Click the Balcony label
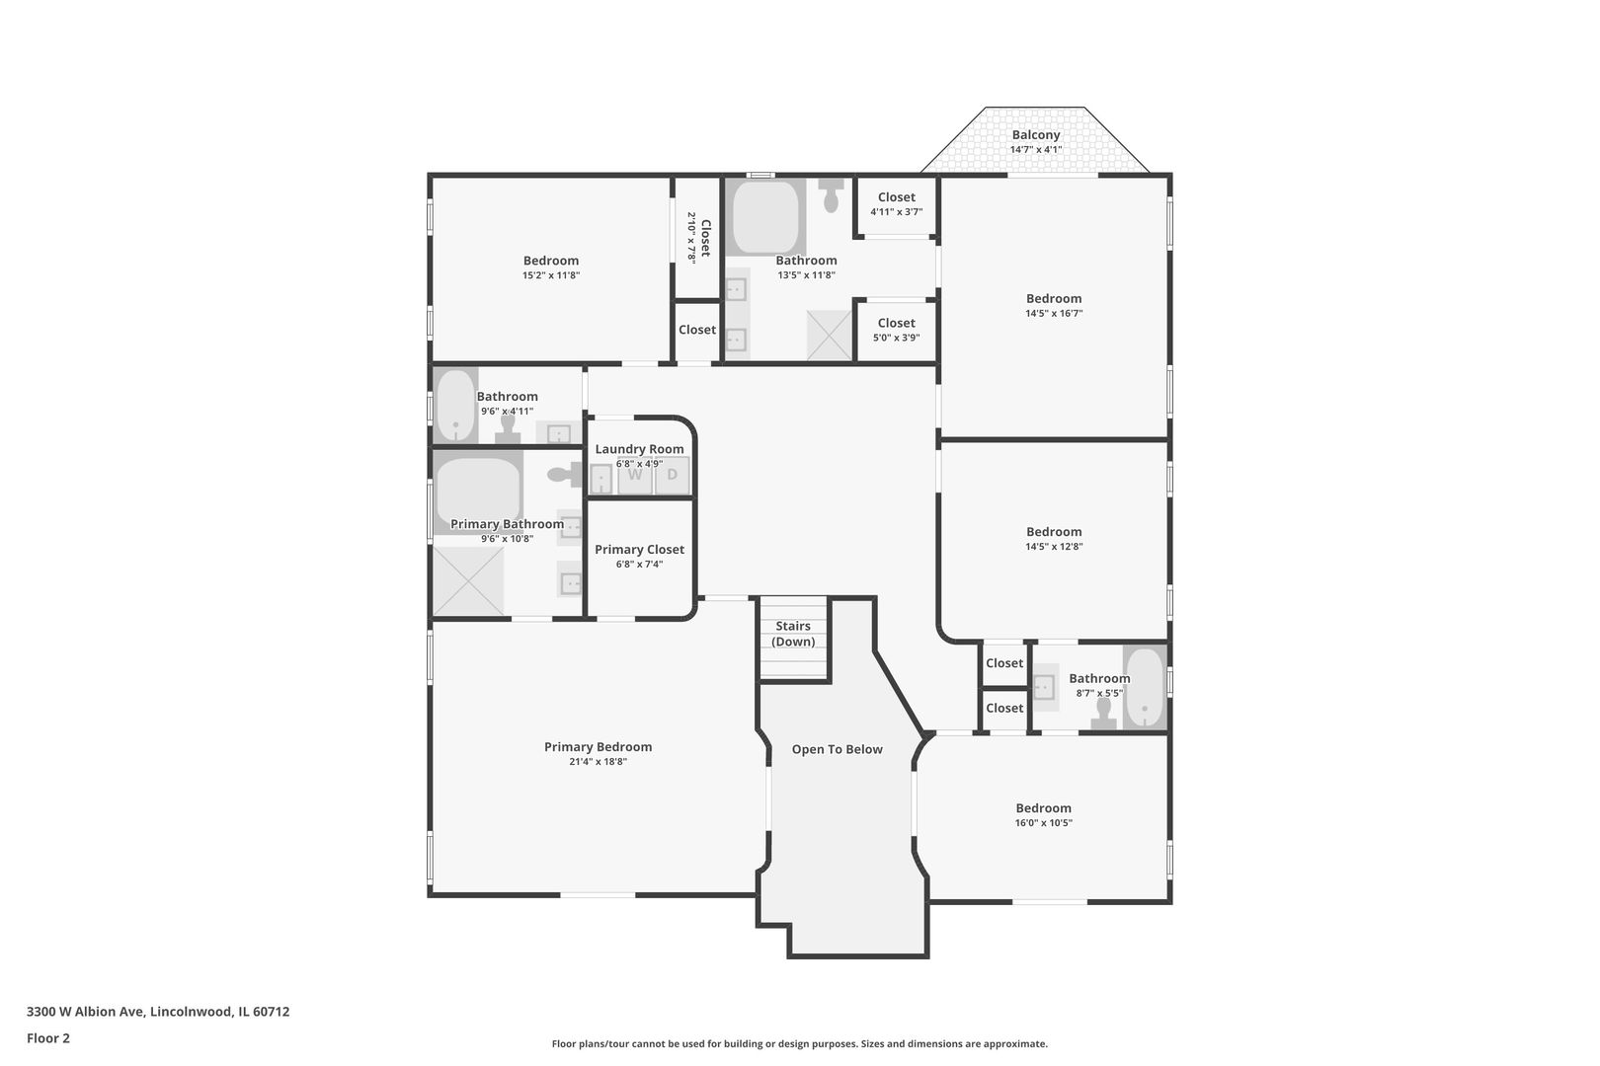click(1036, 135)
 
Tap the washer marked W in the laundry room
click(635, 476)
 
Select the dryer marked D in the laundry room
click(673, 476)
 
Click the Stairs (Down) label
click(793, 634)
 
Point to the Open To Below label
click(838, 749)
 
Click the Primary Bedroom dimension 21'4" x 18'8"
click(598, 762)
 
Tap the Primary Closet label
click(639, 549)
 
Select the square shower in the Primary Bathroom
click(468, 580)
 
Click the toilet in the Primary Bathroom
click(565, 474)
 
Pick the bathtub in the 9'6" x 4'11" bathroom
click(455, 406)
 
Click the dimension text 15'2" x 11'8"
click(551, 275)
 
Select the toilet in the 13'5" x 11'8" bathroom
click(831, 194)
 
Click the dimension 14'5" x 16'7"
click(1054, 314)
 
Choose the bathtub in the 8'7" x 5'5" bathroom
click(1145, 687)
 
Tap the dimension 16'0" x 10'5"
click(1044, 823)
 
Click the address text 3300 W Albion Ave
click(87, 1012)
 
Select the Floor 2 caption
click(48, 1038)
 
